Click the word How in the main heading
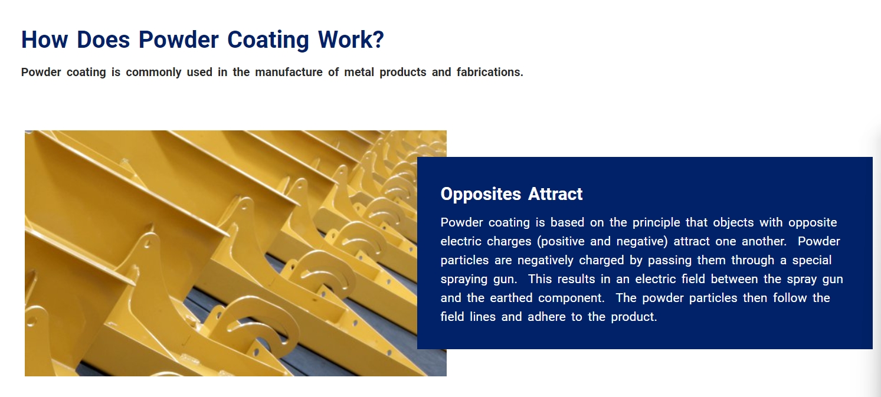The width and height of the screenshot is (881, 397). coord(44,40)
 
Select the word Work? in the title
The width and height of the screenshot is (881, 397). coord(351,40)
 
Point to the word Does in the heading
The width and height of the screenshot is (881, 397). coord(103,40)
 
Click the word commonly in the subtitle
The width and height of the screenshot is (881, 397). coord(153,73)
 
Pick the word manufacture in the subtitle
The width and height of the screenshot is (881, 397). coord(289,73)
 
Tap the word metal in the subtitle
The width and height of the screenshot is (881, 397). coord(359,73)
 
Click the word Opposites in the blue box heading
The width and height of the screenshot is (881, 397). coord(480,195)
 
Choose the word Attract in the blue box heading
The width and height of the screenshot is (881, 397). coord(555,194)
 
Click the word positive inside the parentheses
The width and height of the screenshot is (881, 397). coord(563,242)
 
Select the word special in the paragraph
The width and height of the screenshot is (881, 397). coord(812,261)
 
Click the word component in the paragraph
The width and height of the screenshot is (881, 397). coord(570,298)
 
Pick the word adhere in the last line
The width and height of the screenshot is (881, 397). coord(546,317)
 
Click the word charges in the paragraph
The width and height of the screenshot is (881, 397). coord(509,242)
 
